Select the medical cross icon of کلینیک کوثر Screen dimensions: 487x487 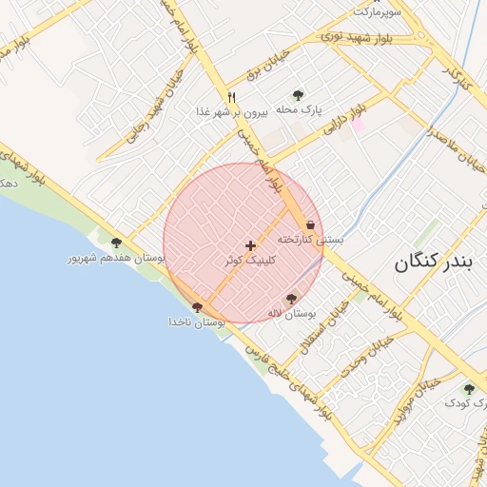pyautogui.click(x=251, y=245)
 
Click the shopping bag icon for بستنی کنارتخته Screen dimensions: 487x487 pyautogui.click(x=310, y=225)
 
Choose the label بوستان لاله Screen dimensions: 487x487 pyautogui.click(x=290, y=313)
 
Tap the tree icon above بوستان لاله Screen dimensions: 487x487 pyautogui.click(x=291, y=299)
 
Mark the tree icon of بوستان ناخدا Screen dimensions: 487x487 pyautogui.click(x=197, y=307)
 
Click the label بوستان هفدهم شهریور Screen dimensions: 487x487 pyautogui.click(x=116, y=258)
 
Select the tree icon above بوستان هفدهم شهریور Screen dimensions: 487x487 pyautogui.click(x=116, y=243)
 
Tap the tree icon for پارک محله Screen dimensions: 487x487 pyautogui.click(x=298, y=95)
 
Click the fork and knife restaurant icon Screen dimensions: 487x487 pyautogui.click(x=231, y=97)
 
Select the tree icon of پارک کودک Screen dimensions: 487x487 pyautogui.click(x=468, y=389)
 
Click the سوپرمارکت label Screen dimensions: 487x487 pyautogui.click(x=378, y=11)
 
